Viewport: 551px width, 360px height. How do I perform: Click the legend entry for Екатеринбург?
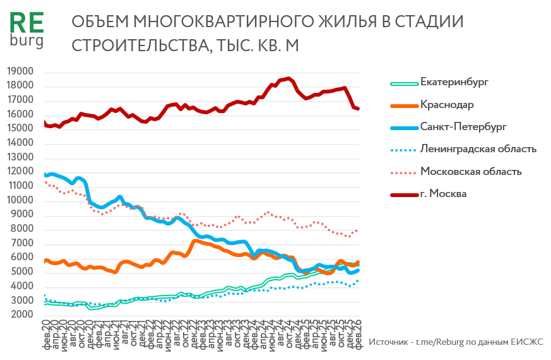pos(454,82)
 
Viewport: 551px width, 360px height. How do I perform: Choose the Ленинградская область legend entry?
pos(478,149)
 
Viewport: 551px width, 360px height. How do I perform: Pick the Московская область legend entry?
pos(471,171)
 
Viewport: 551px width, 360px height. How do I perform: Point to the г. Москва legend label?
pos(443,193)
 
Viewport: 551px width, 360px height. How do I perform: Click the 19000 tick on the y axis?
pos(20,72)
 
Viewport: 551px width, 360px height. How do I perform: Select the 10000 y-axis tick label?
pos(20,200)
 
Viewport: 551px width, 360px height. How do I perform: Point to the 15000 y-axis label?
pos(20,129)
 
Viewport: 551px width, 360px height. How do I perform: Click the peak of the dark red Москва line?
pos(288,79)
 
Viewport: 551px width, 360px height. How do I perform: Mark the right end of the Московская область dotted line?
pos(358,230)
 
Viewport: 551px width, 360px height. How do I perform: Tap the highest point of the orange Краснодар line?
pos(196,240)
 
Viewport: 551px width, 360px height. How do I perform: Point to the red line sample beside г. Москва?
pos(400,194)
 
